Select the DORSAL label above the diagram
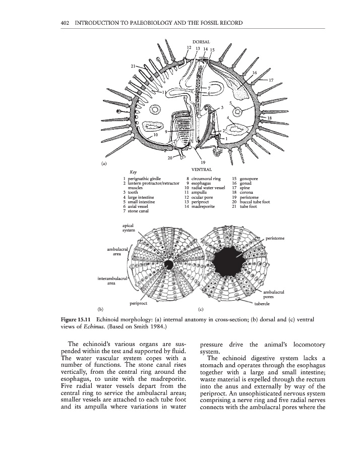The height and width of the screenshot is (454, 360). (201, 41)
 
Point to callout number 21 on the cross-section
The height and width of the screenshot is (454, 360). (133, 66)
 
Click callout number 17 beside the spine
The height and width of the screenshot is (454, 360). (271, 80)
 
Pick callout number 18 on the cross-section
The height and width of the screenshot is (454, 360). (269, 118)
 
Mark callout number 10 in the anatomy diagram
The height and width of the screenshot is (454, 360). (156, 135)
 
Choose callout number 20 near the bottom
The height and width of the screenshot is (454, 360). (170, 158)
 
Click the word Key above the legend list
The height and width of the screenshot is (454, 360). (134, 172)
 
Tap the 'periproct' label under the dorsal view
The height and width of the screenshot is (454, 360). (138, 304)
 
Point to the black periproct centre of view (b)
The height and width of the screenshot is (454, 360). (170, 264)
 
